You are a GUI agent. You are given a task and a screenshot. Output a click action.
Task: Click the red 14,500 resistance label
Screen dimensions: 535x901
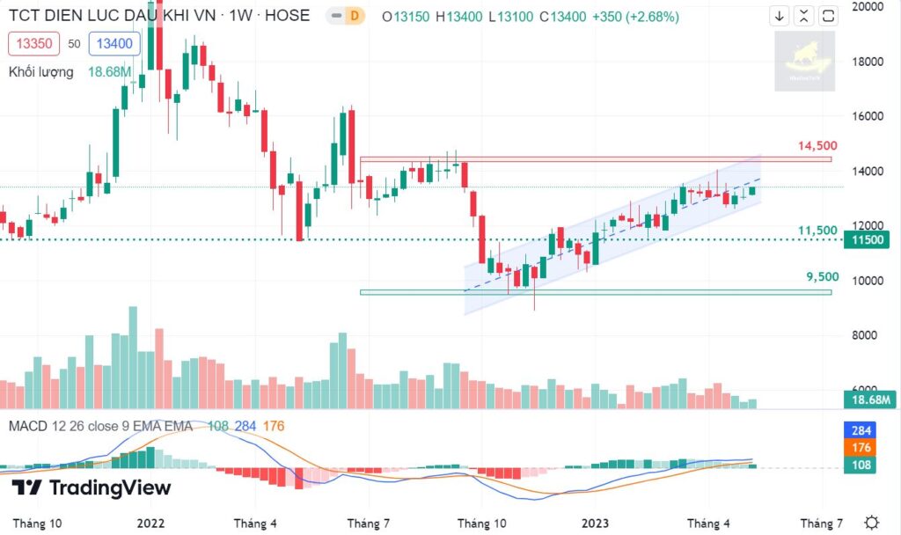tap(817, 146)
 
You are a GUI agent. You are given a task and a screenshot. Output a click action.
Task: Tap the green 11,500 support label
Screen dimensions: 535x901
tap(817, 231)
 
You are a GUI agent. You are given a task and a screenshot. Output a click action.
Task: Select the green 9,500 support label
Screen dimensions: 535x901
tap(823, 276)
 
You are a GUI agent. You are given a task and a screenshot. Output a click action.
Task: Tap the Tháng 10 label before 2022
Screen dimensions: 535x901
tap(37, 523)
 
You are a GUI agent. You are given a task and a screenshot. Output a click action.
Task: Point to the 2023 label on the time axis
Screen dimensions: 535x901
tap(596, 523)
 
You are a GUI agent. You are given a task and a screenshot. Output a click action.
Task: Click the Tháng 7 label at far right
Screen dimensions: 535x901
tap(822, 523)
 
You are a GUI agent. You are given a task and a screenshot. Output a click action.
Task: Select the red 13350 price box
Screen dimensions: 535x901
tap(33, 44)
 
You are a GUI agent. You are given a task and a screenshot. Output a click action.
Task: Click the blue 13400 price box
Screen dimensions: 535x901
tap(114, 44)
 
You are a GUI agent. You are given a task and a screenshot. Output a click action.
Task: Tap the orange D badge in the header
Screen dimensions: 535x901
tap(354, 16)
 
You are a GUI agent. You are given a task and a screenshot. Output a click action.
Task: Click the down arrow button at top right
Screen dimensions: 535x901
tap(780, 16)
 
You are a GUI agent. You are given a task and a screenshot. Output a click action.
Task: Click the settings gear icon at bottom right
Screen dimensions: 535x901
tap(871, 522)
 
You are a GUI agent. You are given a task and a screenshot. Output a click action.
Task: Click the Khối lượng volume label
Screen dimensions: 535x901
tap(41, 72)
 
